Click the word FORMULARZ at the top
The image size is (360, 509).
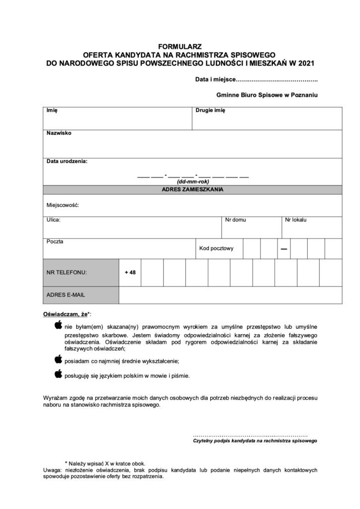(x=180, y=47)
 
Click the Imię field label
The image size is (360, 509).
(x=52, y=111)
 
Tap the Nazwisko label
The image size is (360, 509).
(x=59, y=134)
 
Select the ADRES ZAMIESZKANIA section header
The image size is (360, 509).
(x=192, y=189)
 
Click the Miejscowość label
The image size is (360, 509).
(x=63, y=205)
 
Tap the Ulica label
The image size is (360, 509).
(x=53, y=219)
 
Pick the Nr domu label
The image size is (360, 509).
(x=235, y=219)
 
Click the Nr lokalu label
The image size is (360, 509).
(x=295, y=219)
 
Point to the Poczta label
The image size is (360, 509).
(x=55, y=242)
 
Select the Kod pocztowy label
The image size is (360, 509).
(x=216, y=249)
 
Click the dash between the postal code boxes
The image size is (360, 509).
(x=283, y=249)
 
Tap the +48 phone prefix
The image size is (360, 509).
(x=130, y=272)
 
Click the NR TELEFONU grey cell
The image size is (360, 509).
(x=81, y=272)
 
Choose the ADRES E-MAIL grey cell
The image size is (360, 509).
(x=81, y=295)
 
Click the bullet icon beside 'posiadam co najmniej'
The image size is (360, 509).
(x=58, y=359)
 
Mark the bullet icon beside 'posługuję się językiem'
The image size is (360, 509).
(x=58, y=374)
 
